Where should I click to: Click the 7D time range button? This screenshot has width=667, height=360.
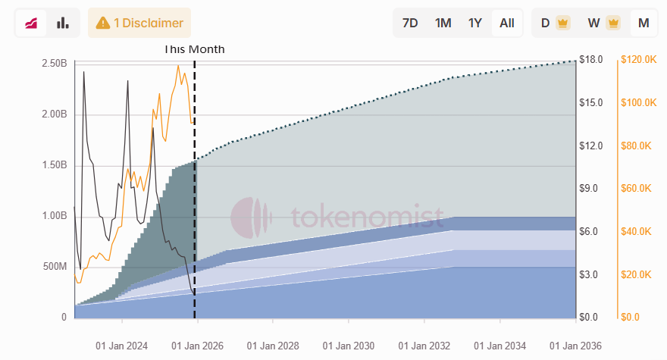(410, 23)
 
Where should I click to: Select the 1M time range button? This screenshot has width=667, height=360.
(443, 23)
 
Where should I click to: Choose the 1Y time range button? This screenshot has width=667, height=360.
(475, 23)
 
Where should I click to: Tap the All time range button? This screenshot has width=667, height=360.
(507, 23)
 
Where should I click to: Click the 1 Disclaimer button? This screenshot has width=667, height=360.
(139, 23)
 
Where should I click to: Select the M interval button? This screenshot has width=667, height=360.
(644, 23)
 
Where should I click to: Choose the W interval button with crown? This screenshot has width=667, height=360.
(603, 23)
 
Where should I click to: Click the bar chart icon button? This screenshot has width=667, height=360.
(63, 23)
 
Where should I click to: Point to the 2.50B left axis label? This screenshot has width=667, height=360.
(54, 63)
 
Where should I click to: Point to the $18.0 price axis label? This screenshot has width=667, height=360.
(590, 60)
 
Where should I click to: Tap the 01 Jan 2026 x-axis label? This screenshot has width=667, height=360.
(199, 346)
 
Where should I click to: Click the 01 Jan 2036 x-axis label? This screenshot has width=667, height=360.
(575, 346)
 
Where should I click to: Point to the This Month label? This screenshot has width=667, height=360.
(195, 49)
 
